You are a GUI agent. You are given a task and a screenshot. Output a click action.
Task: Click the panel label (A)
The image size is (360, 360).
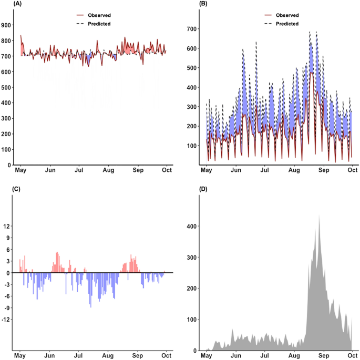[x=7, y=4]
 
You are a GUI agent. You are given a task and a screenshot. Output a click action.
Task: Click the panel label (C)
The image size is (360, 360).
[x=7, y=190]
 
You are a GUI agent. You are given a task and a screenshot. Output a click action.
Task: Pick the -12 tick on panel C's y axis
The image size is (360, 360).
[x=8, y=320]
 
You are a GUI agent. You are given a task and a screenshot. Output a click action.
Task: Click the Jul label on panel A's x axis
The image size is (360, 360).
[x=79, y=171]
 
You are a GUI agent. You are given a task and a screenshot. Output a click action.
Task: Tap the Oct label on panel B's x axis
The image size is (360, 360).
[x=352, y=171]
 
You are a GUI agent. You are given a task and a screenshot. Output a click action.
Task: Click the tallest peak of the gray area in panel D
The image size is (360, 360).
[x=319, y=215]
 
